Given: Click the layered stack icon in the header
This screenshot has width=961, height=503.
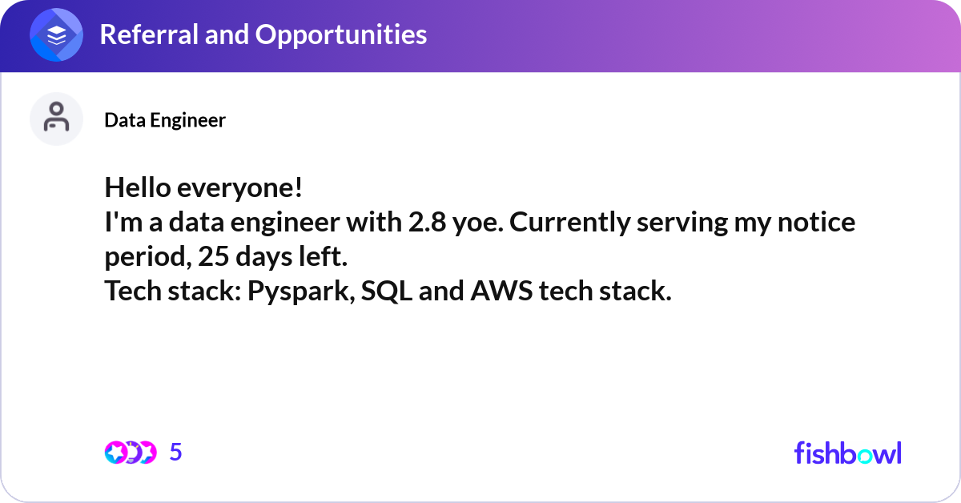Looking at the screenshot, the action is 56,35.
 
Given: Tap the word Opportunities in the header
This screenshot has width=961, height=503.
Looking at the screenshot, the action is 341,34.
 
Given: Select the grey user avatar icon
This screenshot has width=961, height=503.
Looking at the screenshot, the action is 56,119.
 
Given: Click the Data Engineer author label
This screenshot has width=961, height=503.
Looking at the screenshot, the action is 165,120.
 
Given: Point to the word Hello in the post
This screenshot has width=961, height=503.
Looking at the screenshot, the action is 138,187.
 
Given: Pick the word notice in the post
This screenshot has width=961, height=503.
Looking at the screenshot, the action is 816,223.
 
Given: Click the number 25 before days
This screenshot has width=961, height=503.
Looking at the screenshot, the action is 214,256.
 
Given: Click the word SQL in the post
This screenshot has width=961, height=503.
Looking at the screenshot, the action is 387,292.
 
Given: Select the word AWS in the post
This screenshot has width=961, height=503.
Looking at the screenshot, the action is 501,291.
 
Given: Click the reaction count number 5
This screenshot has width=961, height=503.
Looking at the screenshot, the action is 176,452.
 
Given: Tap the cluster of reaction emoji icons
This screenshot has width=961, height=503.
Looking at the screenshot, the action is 131,453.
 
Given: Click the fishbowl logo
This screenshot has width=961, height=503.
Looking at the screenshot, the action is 848,453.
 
